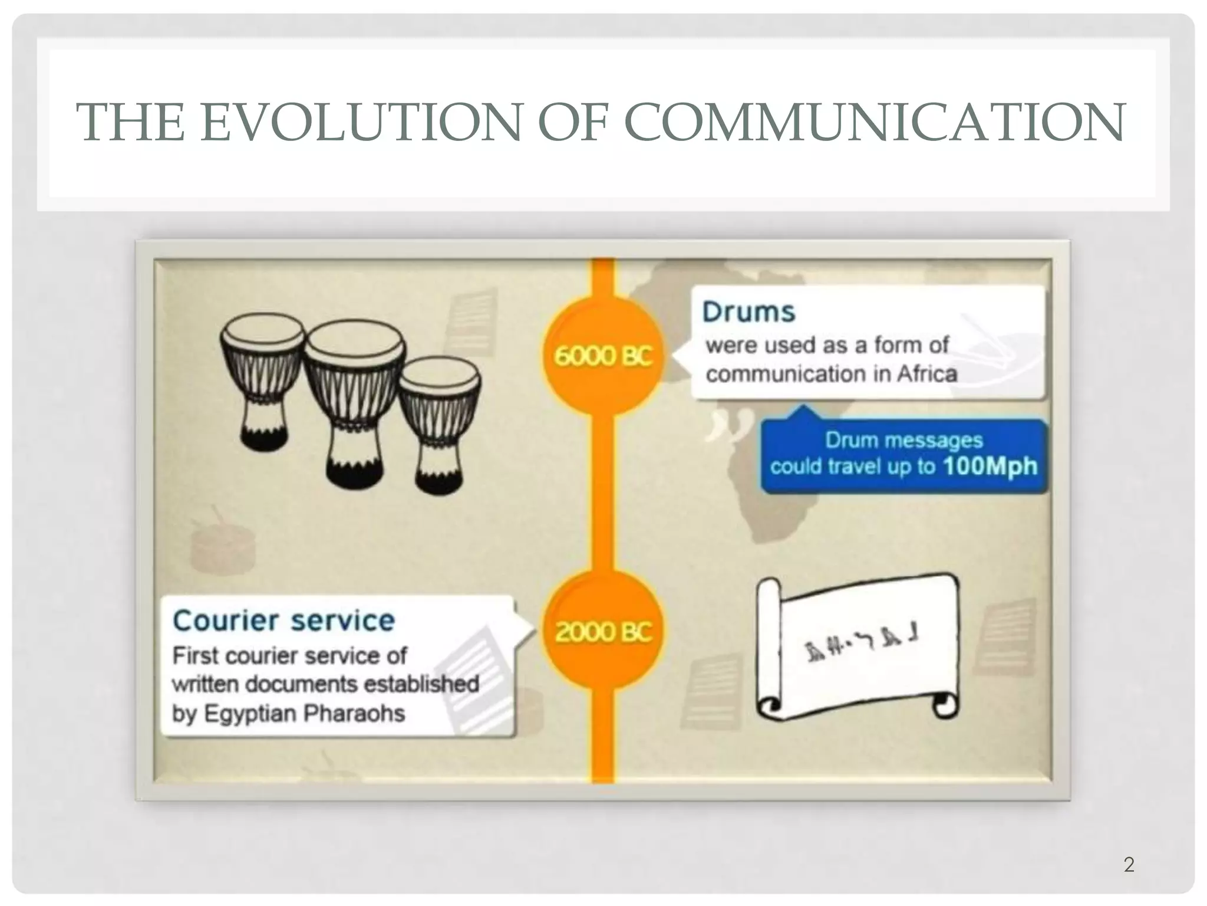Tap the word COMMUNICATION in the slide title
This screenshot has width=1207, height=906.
coord(875,122)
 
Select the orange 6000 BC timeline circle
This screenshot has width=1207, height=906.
coord(603,356)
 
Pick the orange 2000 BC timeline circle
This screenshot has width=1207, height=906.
coord(603,632)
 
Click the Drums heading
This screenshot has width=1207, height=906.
coord(748,312)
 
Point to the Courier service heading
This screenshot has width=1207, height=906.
coord(283,621)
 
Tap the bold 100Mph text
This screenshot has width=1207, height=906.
coord(990,466)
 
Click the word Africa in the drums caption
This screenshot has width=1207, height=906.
coord(926,374)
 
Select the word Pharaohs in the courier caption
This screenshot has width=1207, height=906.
coord(354,713)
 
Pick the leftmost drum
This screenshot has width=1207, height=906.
coord(262,377)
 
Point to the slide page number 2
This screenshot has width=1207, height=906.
coord(1129,865)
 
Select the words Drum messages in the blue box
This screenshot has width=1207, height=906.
coord(903,440)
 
